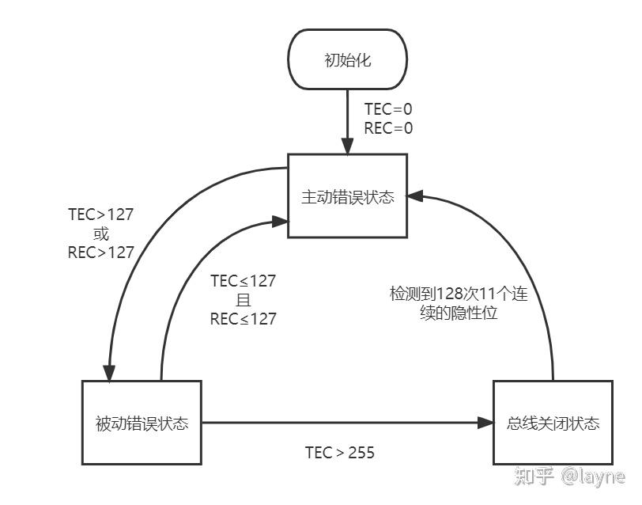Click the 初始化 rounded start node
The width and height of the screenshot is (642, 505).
point(347,59)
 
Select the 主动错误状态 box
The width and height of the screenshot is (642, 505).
point(347,196)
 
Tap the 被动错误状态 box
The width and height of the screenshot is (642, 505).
point(142,423)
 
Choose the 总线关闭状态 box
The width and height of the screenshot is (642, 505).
point(553,423)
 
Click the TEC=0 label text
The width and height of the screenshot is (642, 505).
point(388,109)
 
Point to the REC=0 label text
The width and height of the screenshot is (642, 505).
point(388,128)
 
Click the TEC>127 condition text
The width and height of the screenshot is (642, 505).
point(100,215)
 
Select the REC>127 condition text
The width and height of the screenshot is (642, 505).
point(100,252)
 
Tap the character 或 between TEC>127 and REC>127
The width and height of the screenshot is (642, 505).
point(100,234)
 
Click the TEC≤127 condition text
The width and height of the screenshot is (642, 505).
point(244,281)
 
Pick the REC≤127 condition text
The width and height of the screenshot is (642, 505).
point(244,319)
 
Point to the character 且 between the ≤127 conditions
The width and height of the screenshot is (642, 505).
point(244,300)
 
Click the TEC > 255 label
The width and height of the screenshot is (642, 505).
point(340,453)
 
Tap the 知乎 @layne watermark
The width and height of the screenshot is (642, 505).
point(569,477)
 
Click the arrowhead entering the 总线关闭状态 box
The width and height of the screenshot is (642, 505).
point(486,423)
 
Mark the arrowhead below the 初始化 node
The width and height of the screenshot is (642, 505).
point(347,146)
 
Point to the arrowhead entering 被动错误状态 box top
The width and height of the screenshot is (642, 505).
point(109,373)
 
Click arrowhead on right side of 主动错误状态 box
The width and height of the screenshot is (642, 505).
point(415,196)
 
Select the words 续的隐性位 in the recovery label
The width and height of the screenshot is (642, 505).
point(459,313)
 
